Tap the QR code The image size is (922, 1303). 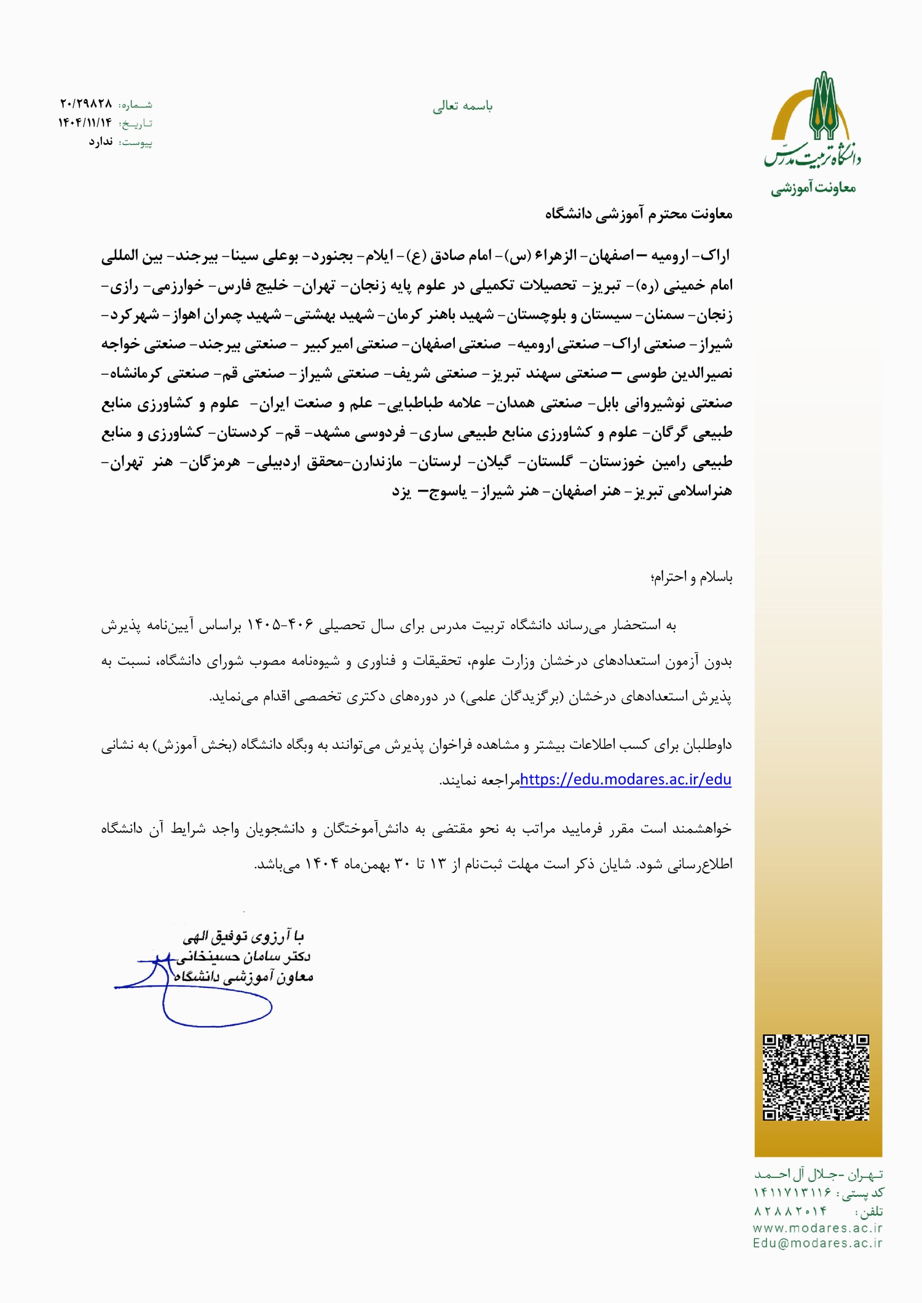[816, 1078]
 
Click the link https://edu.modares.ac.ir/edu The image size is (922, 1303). [625, 780]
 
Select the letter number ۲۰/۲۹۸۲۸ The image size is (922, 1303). [86, 103]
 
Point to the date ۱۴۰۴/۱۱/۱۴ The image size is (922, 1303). [85, 123]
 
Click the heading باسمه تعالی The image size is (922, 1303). [462, 106]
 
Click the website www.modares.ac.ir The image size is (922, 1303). [818, 1228]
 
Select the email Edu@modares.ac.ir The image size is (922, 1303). [818, 1243]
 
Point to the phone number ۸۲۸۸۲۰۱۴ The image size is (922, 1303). [790, 1211]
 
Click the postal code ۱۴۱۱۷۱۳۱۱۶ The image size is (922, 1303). [792, 1192]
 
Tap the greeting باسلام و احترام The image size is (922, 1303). [691, 577]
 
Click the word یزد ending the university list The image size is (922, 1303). [401, 491]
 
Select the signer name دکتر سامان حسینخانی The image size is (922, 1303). [243, 957]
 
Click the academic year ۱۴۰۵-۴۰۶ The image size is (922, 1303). [280, 625]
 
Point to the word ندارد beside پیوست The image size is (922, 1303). [100, 142]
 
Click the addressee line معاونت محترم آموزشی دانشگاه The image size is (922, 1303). [639, 213]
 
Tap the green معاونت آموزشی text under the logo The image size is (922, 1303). [813, 187]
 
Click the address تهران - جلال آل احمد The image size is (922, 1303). [818, 1174]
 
